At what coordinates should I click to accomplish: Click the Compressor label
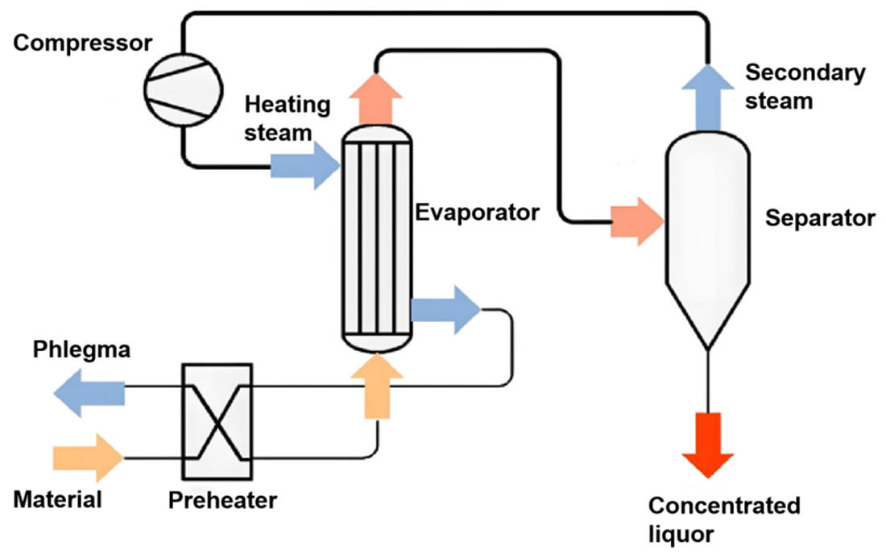click(83, 43)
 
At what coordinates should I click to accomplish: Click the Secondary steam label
click(805, 87)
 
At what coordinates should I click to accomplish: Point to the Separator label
click(819, 218)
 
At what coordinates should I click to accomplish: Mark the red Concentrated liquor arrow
click(707, 443)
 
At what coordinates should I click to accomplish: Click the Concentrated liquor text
click(723, 519)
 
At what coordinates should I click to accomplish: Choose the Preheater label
click(222, 500)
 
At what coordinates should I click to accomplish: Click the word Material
click(58, 500)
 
